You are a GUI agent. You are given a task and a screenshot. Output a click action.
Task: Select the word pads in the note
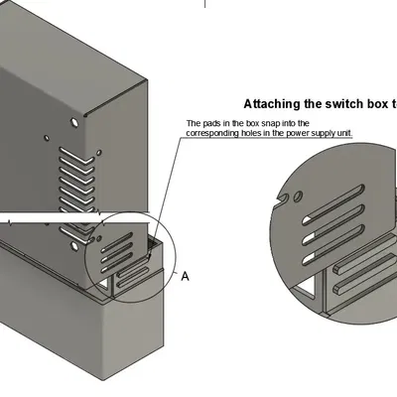213,124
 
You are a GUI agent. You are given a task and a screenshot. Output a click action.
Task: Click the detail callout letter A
184,276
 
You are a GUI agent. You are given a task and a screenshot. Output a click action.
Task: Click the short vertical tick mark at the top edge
206,4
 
